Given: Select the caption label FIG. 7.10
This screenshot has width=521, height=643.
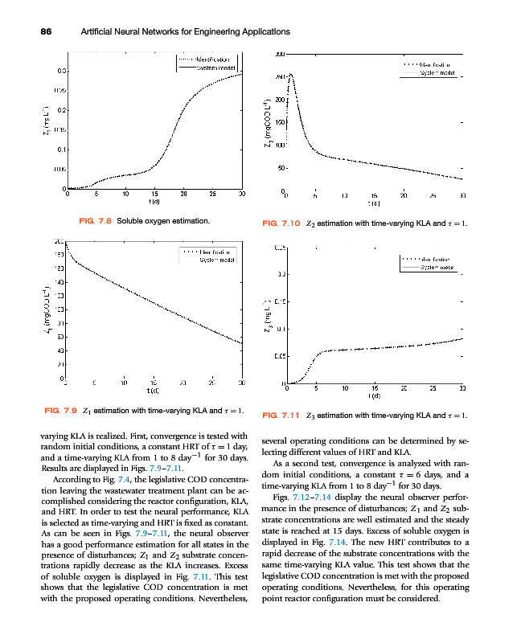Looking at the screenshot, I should tap(281, 223).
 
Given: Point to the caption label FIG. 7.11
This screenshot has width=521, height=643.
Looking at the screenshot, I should tap(281, 415).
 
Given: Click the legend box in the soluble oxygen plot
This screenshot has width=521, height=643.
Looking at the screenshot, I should tap(206, 64).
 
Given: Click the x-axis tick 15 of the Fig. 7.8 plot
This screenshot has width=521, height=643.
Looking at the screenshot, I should tap(154, 195).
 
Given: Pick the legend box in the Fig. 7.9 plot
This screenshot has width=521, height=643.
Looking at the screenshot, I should tap(207, 256).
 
